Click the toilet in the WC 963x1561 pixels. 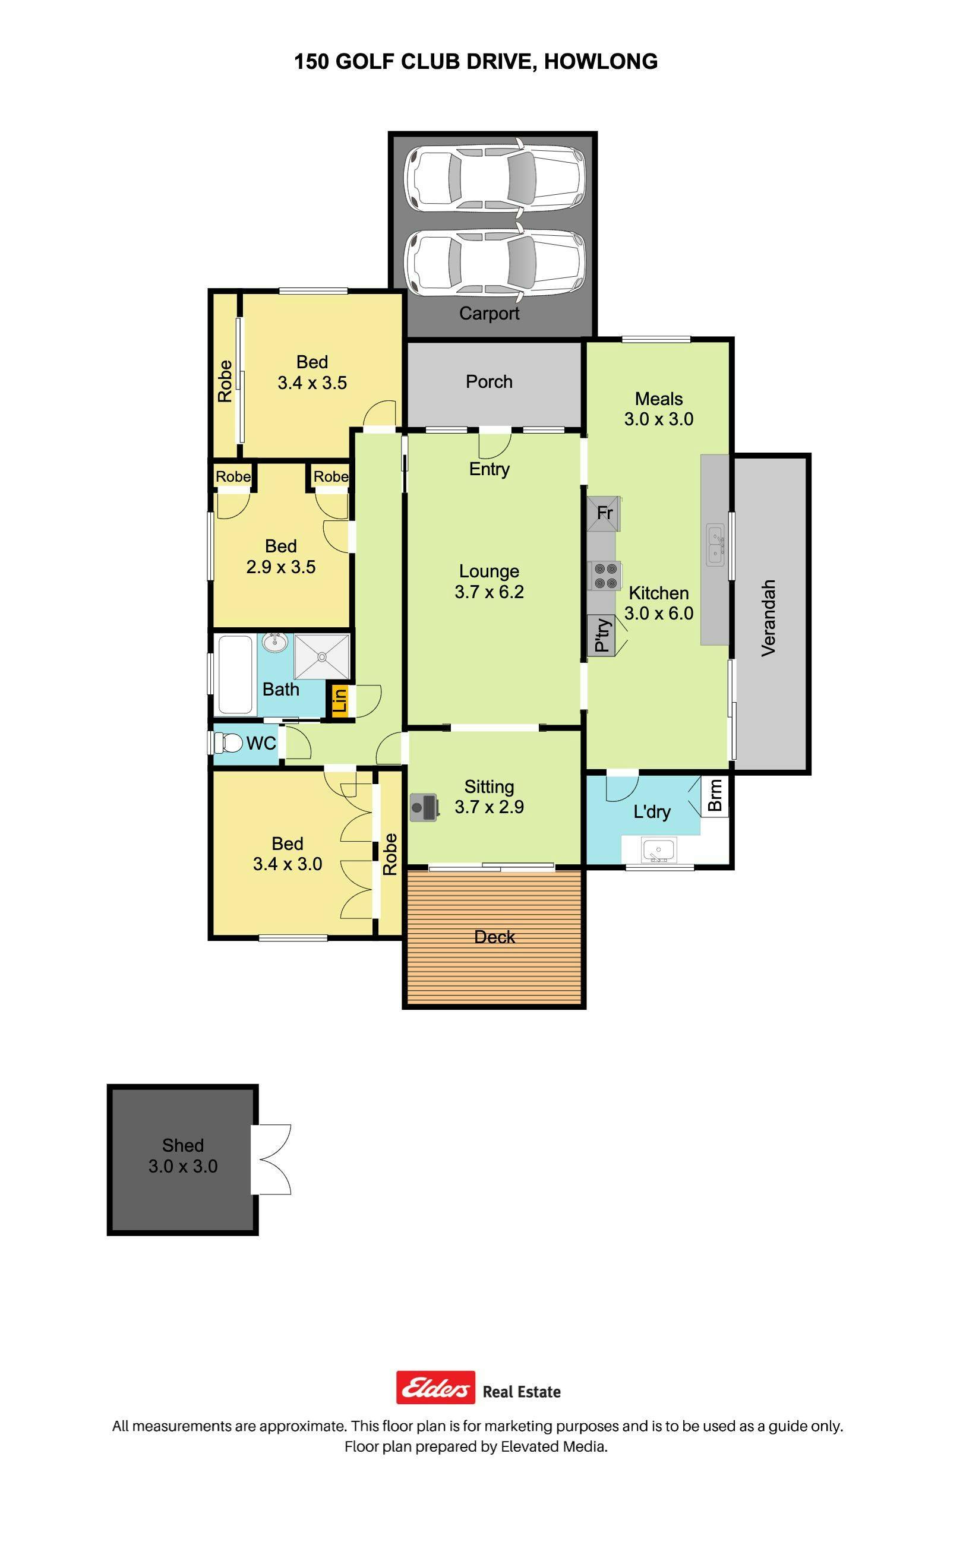click(228, 742)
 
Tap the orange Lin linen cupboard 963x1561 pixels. click(339, 700)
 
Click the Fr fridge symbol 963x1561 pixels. click(604, 513)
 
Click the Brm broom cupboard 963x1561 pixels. click(715, 795)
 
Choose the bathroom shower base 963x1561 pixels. click(321, 656)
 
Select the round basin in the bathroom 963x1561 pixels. click(275, 642)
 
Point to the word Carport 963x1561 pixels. click(489, 313)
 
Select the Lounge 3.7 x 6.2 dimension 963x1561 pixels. click(489, 592)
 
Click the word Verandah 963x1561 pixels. click(769, 618)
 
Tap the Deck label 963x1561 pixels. click(495, 937)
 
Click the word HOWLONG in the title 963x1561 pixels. click(601, 61)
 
